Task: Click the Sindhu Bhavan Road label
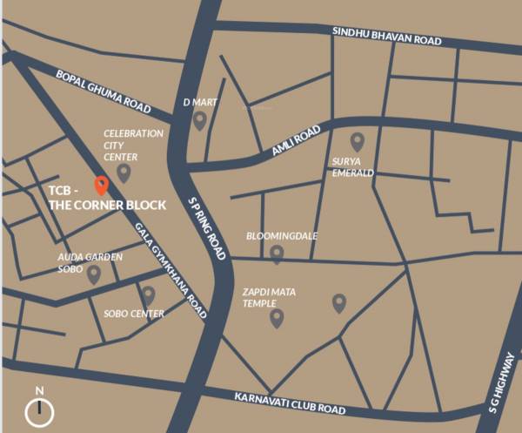pos(386,36)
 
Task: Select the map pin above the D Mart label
pos(199,121)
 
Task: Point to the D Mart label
pos(199,103)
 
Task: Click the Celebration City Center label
pos(133,145)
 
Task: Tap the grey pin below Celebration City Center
pos(124,173)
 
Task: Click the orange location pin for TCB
pos(101,186)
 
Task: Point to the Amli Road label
pos(297,139)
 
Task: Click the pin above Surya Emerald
pos(357,142)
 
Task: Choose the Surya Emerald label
pos(352,167)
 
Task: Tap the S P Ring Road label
pos(208,229)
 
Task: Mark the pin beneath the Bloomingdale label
pos(277,254)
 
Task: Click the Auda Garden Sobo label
pos(90,263)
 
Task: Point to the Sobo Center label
pos(133,314)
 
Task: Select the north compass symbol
pos(39,409)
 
